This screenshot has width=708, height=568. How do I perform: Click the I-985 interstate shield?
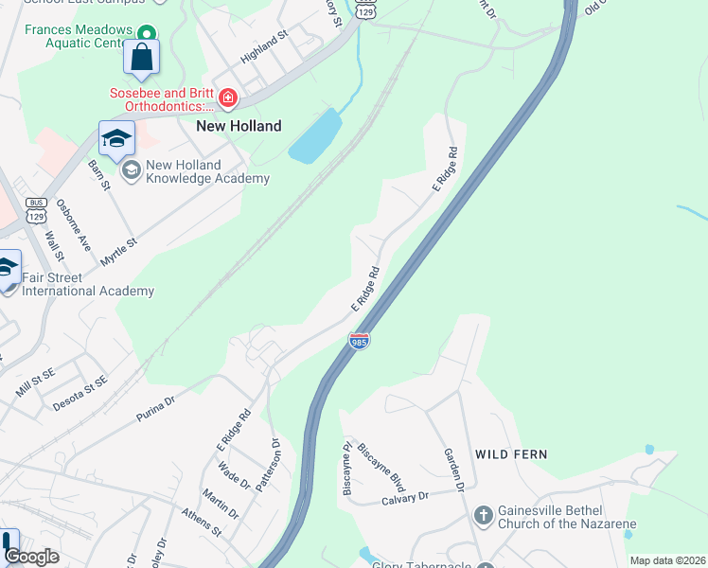[359, 340]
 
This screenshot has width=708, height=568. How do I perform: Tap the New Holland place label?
[239, 126]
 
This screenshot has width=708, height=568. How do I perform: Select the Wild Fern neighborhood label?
[511, 454]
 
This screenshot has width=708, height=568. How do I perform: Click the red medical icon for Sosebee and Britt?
[227, 98]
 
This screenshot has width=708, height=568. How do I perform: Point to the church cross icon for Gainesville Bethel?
[483, 516]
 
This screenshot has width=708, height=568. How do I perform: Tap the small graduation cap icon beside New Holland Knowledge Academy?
[131, 169]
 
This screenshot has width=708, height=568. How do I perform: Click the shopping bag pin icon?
[141, 57]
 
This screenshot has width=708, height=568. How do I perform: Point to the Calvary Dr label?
[405, 497]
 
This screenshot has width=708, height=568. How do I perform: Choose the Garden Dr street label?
[453, 469]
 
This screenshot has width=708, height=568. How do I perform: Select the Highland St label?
[264, 47]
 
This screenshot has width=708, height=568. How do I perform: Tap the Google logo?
[30, 557]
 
